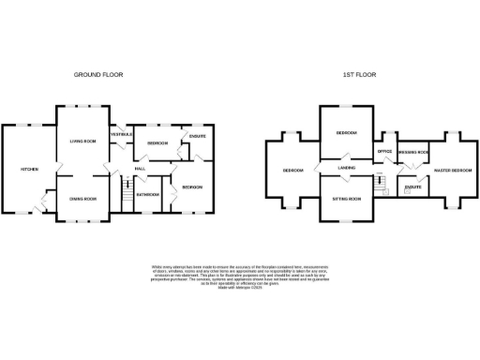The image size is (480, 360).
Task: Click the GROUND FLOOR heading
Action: pos(98,74)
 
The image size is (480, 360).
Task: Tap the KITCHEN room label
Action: pos(29,169)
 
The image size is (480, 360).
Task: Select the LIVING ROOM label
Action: pos(83,141)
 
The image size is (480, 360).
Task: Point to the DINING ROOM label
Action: pos(84,199)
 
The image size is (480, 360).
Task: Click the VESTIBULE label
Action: pos(122,135)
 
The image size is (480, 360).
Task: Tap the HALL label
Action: pos(139,169)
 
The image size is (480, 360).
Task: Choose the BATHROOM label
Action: pos(148,194)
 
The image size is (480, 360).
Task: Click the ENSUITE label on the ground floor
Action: pos(197,137)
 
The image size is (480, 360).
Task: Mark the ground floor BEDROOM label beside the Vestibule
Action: pos(157,142)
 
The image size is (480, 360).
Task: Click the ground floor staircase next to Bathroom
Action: pos(123,193)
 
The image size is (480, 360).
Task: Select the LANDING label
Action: pos(345,169)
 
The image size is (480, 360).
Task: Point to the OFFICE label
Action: pos(383,151)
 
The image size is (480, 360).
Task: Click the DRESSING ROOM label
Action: pos(413,151)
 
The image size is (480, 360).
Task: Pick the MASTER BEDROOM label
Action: pos(453,170)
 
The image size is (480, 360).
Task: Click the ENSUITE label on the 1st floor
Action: pos(412,187)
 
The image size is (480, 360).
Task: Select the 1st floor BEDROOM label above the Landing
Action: pos(346,133)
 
